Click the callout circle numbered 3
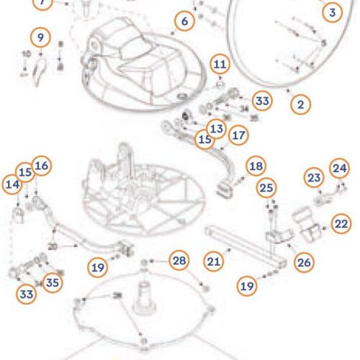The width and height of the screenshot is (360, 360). (x=331, y=12)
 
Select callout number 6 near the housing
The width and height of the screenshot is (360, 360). (x=185, y=22)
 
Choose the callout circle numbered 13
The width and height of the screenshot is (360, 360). (x=216, y=127)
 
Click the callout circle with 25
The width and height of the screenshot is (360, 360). (x=267, y=188)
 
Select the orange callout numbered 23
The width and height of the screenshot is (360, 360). (x=313, y=176)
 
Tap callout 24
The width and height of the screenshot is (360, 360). (x=338, y=167)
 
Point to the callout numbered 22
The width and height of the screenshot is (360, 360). (x=341, y=224)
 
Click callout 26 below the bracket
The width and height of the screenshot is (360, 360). (x=305, y=262)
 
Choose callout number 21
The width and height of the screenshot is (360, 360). (x=212, y=262)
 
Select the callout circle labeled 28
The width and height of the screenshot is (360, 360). (x=179, y=259)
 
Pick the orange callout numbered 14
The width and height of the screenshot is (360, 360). (x=12, y=185)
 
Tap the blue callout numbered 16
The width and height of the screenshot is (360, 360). (x=41, y=166)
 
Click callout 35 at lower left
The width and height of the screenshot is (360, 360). (x=50, y=282)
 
